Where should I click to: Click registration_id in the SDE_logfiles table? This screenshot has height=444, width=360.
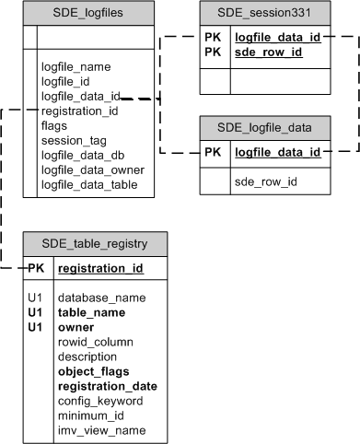pos(80,111)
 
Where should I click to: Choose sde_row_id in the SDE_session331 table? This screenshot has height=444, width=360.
pos(267,53)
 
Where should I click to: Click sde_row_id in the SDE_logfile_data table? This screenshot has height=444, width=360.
pos(266,181)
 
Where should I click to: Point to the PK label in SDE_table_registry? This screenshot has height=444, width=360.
pos(36,269)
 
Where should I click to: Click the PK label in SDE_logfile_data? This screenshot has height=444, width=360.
pos(214,152)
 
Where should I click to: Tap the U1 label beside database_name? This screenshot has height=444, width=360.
pos(36,298)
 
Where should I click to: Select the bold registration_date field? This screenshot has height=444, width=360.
pos(107,386)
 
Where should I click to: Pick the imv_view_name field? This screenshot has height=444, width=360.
pos(100,430)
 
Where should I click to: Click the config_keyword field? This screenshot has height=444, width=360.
pos(101,401)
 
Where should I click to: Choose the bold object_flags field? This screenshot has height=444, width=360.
pos(94,371)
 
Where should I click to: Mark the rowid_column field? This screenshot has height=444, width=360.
pos(96,342)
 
